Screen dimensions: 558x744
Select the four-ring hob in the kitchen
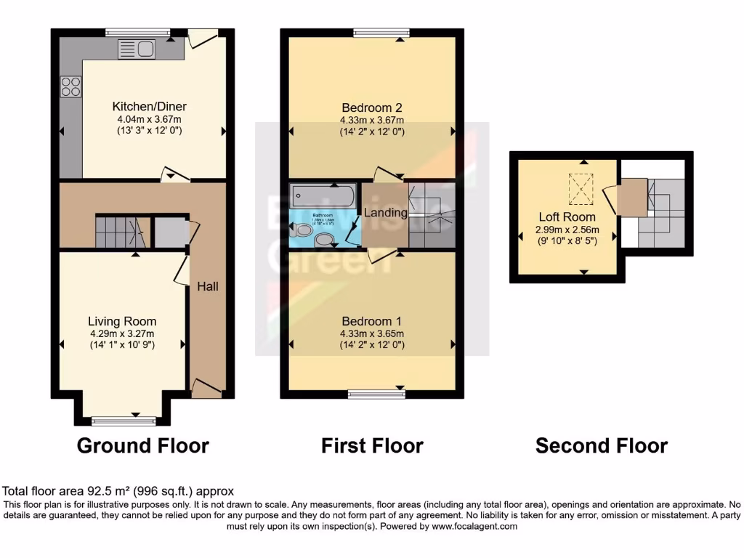(71, 86)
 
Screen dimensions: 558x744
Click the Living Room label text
(122, 321)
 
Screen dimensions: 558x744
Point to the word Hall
(207, 286)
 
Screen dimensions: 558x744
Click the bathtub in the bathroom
(322, 195)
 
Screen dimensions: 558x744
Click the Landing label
(385, 213)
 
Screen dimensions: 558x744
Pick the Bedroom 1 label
(371, 321)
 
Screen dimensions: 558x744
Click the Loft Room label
(567, 217)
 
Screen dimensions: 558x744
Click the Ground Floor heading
(143, 445)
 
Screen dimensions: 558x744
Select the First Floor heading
(372, 445)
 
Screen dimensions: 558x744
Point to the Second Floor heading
(602, 445)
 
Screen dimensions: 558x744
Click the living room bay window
(124, 421)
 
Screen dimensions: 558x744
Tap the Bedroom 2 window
(381, 33)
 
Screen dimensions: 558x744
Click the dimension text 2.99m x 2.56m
(567, 229)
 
